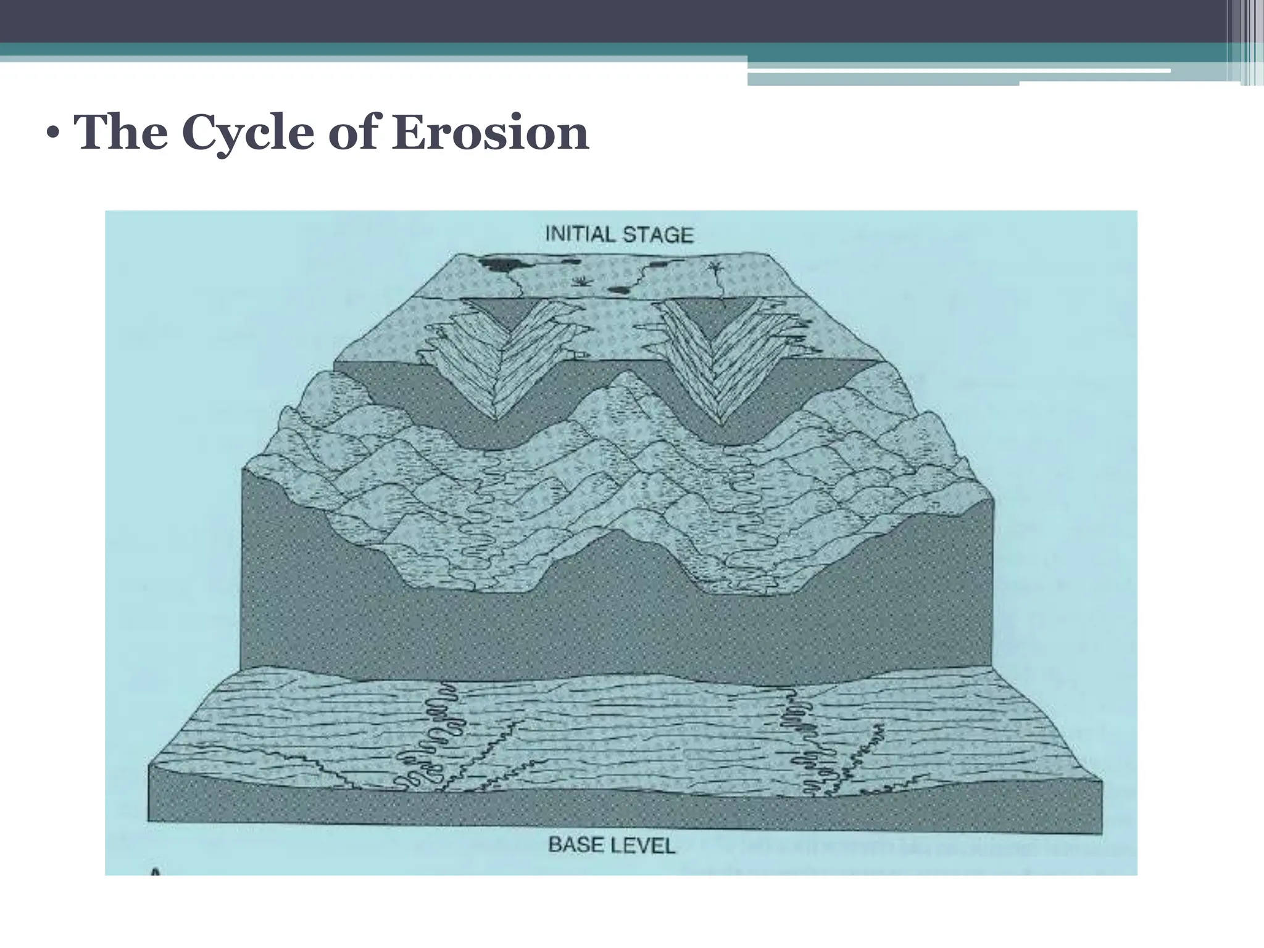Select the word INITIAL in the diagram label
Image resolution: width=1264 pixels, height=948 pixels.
(x=580, y=234)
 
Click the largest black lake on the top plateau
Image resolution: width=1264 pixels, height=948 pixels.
(x=503, y=265)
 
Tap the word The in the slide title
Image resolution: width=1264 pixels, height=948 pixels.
(x=120, y=133)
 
